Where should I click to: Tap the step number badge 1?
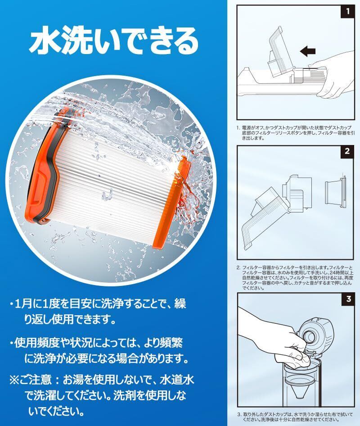348,11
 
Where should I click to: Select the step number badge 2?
347,151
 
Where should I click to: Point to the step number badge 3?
348,299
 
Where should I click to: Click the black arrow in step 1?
308,51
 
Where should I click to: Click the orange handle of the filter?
44,166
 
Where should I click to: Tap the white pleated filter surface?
114,187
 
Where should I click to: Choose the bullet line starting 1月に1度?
98,311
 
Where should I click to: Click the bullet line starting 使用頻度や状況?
99,351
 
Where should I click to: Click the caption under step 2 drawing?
295,278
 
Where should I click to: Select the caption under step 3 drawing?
295,417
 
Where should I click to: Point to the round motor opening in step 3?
310,336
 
